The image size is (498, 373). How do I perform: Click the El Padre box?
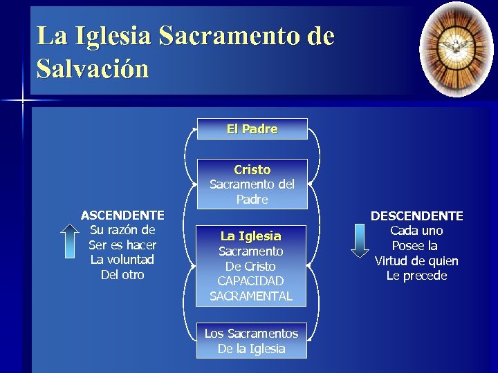pyautogui.click(x=252, y=129)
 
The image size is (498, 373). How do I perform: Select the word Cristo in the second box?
pyautogui.click(x=252, y=169)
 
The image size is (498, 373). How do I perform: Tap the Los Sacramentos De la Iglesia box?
pyautogui.click(x=251, y=341)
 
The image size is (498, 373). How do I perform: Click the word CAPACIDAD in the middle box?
pyautogui.click(x=251, y=281)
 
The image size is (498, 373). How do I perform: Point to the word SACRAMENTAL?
pyautogui.click(x=251, y=296)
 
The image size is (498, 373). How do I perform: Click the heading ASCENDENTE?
pyautogui.click(x=122, y=216)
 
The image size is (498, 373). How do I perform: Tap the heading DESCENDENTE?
pyautogui.click(x=416, y=216)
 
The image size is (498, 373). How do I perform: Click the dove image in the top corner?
pyautogui.click(x=456, y=48)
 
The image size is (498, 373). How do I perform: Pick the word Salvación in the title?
pyautogui.click(x=93, y=69)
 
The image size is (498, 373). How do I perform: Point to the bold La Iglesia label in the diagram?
pyautogui.click(x=251, y=236)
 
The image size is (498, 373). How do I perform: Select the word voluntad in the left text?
pyautogui.click(x=131, y=260)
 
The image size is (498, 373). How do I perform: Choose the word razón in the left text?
pyautogui.click(x=124, y=230)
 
